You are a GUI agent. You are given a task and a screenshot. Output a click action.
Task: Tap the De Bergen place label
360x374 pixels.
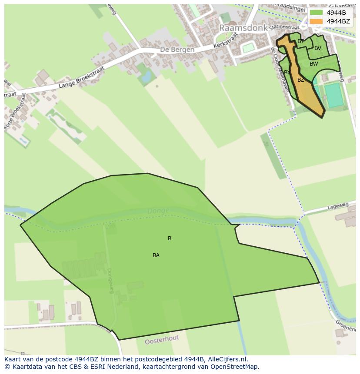(x=177, y=50)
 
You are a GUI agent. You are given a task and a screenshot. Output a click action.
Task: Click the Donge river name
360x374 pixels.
(x=158, y=211)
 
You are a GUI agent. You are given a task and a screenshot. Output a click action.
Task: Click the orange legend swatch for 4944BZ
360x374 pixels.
(x=316, y=21)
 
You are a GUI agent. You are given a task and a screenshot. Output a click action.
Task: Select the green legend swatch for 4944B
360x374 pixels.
(x=316, y=13)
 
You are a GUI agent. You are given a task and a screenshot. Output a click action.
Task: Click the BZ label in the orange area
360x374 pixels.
(x=301, y=80)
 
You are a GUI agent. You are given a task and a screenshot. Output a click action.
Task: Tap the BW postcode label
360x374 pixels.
(x=313, y=64)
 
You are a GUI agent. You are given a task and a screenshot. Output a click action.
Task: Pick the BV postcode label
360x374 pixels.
(x=318, y=48)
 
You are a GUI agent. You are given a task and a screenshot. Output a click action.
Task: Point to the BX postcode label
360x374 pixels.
(x=287, y=73)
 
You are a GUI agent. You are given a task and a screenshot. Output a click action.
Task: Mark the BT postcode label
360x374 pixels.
(x=300, y=41)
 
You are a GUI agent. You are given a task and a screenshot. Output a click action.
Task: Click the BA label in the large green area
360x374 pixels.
(x=156, y=255)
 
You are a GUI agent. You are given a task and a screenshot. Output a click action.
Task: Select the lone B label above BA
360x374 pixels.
(x=170, y=238)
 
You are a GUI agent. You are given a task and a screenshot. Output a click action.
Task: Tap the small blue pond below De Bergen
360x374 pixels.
(x=146, y=77)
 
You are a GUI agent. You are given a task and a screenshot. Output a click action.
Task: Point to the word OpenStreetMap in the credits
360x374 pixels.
(x=233, y=367)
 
